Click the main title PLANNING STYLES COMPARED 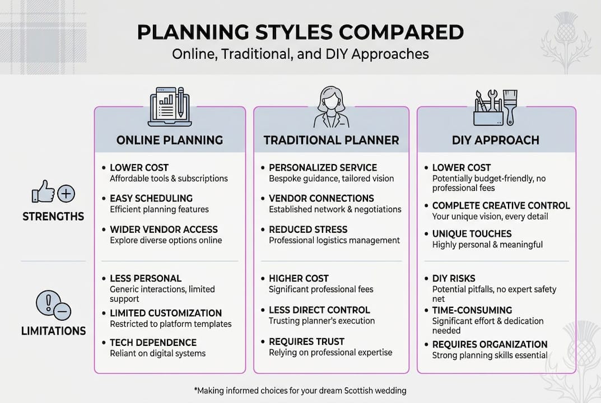(x=300, y=32)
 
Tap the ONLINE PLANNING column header (x=170, y=140)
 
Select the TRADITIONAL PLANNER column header (x=331, y=140)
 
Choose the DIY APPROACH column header (x=496, y=140)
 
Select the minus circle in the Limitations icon (x=62, y=312)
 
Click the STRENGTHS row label (x=53, y=217)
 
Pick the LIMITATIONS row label (x=53, y=331)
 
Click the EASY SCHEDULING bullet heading (x=151, y=198)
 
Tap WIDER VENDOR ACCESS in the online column (x=164, y=229)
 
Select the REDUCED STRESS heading (x=308, y=229)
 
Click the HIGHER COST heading (x=299, y=278)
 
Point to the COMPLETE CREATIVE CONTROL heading (x=501, y=205)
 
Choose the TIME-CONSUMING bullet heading (x=472, y=310)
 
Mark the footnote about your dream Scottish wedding (x=300, y=390)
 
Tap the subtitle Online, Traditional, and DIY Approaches (x=300, y=54)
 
